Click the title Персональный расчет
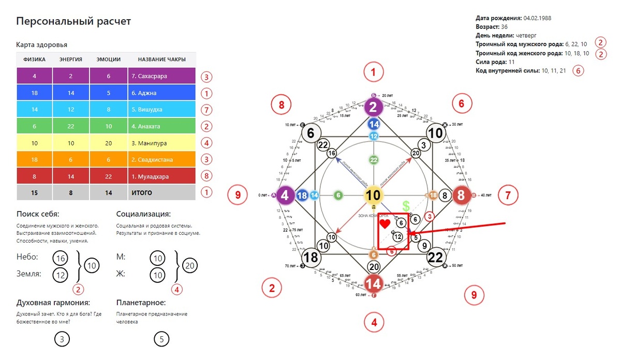pyautogui.click(x=73, y=21)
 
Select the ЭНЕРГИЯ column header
pyautogui.click(x=71, y=59)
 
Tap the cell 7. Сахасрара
pyautogui.click(x=161, y=76)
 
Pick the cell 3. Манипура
pyautogui.click(x=161, y=143)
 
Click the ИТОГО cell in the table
pyautogui.click(x=161, y=192)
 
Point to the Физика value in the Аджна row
pyautogui.click(x=34, y=93)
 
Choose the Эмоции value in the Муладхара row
pyautogui.click(x=109, y=176)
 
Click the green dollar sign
pyautogui.click(x=406, y=206)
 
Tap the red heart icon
pyautogui.click(x=384, y=224)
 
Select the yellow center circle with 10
pyautogui.click(x=373, y=195)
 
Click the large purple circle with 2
pyautogui.click(x=373, y=107)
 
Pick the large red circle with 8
pyautogui.click(x=461, y=196)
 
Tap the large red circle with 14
pyautogui.click(x=373, y=283)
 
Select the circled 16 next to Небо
pyautogui.click(x=61, y=258)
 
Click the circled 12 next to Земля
pyautogui.click(x=61, y=275)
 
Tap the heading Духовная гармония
pyautogui.click(x=53, y=303)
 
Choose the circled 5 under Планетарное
pyautogui.click(x=161, y=339)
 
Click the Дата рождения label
pyautogui.click(x=498, y=18)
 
